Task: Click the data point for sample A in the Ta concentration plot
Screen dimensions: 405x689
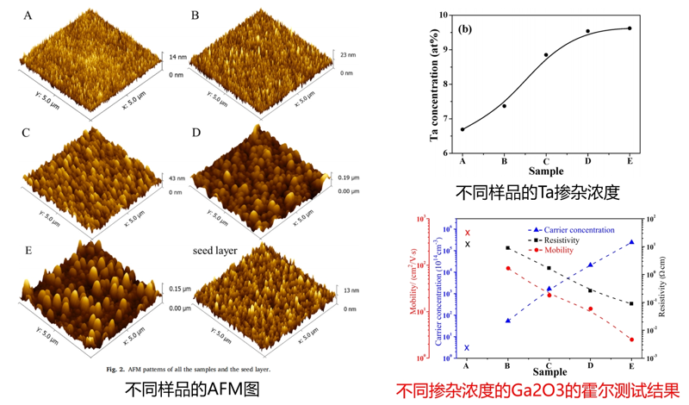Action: [462, 129]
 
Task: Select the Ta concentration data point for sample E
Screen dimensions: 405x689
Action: [630, 28]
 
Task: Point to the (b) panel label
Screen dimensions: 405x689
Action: [465, 28]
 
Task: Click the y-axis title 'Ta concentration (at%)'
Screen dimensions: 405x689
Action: [435, 84]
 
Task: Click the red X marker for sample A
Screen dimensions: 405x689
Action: [468, 233]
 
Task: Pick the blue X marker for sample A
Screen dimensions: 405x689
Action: [467, 348]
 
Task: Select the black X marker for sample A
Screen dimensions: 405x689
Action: [468, 244]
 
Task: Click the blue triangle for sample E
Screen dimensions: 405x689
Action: [631, 242]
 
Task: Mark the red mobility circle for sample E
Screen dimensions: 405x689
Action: [631, 340]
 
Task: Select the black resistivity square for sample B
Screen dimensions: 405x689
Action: [507, 247]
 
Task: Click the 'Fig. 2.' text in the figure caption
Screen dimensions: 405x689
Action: [115, 369]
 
